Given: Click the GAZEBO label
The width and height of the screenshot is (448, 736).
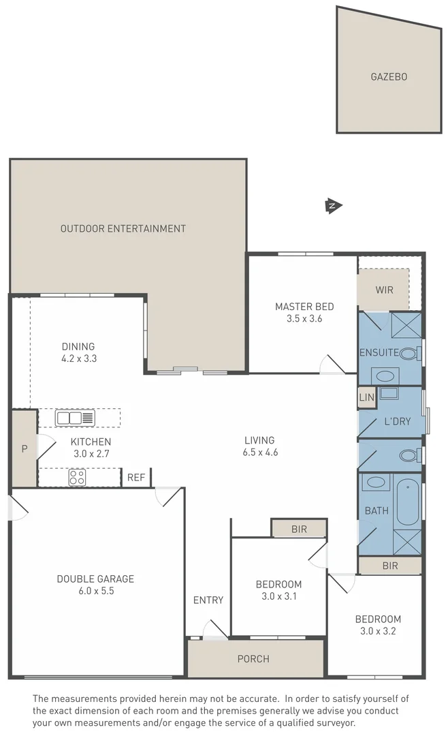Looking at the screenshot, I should pyautogui.click(x=389, y=77).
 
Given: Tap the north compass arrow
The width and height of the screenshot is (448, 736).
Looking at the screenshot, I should pyautogui.click(x=334, y=205).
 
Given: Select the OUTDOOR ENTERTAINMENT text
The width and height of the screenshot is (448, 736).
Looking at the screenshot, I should pyautogui.click(x=123, y=229).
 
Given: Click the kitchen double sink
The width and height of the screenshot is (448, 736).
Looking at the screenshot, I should pyautogui.click(x=75, y=418).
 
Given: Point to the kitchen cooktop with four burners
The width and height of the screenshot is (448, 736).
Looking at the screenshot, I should pyautogui.click(x=77, y=478).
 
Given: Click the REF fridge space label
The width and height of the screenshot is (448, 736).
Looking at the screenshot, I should pyautogui.click(x=136, y=478).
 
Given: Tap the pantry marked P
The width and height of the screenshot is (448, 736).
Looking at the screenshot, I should pyautogui.click(x=25, y=448).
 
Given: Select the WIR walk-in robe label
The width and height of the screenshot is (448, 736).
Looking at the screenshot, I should pyautogui.click(x=384, y=290).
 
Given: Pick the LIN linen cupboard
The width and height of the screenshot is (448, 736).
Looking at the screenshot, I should pyautogui.click(x=366, y=397).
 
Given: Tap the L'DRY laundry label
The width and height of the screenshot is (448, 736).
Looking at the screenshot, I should pyautogui.click(x=398, y=422).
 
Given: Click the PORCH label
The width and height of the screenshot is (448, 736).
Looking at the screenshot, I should pyautogui.click(x=253, y=659).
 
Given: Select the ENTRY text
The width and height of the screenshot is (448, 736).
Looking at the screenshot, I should pyautogui.click(x=208, y=600).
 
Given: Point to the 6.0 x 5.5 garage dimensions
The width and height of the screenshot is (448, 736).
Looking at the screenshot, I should pyautogui.click(x=95, y=592).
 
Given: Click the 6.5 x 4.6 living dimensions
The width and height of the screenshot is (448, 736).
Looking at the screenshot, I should pyautogui.click(x=259, y=452).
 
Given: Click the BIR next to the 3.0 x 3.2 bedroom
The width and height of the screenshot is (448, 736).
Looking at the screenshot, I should pyautogui.click(x=390, y=566).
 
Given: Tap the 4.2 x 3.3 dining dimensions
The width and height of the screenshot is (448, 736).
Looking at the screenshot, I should pyautogui.click(x=78, y=358).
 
